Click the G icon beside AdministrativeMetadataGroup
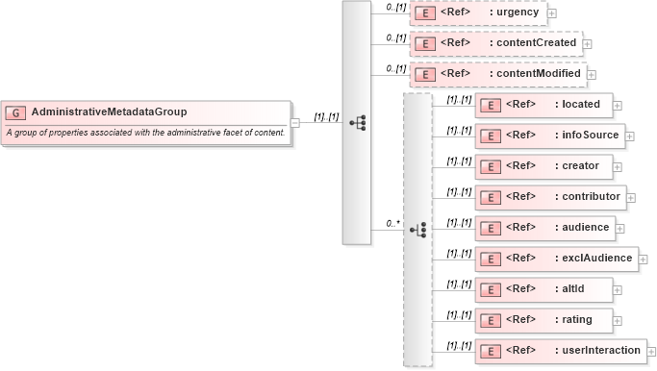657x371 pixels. [16, 112]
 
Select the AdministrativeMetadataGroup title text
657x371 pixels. [109, 112]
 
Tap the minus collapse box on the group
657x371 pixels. [295, 123]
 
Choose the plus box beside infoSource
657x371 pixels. [630, 136]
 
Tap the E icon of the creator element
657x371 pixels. [490, 167]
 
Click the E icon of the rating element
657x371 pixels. [490, 321]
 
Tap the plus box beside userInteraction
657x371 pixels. [651, 352]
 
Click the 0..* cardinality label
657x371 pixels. [392, 223]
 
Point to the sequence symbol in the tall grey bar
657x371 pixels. [357, 123]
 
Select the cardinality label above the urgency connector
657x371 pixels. [394, 8]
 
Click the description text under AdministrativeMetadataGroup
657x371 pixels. [145, 133]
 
